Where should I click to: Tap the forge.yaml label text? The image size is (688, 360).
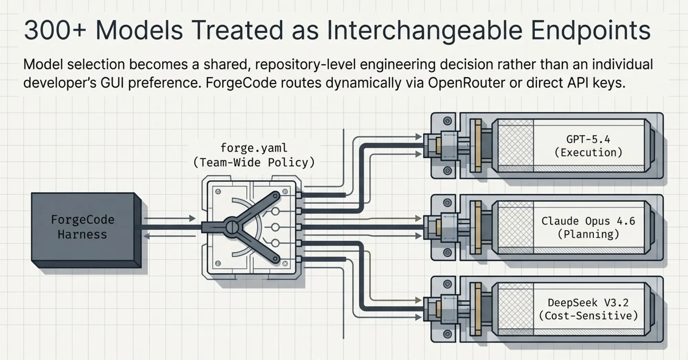[254, 148]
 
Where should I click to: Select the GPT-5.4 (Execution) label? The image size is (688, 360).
[589, 146]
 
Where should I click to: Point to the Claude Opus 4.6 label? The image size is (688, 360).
[588, 221]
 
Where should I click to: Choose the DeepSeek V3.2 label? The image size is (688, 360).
[588, 303]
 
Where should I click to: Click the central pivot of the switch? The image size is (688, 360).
[232, 227]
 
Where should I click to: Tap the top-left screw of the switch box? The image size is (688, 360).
[218, 191]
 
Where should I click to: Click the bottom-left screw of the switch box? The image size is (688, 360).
[218, 264]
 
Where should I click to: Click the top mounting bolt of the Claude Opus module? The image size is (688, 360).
[448, 203]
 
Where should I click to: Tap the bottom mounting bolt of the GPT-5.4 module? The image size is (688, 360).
[448, 170]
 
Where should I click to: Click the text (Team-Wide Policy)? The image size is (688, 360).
[254, 162]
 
